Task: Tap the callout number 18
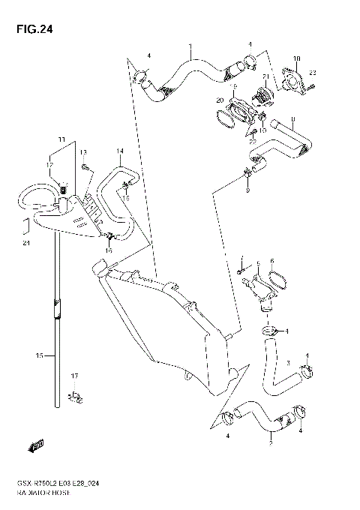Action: pyautogui.click(x=297, y=58)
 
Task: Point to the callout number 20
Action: pyautogui.click(x=219, y=100)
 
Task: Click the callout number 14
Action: pyautogui.click(x=118, y=151)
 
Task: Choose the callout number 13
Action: pyautogui.click(x=83, y=152)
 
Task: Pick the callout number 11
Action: pyautogui.click(x=62, y=139)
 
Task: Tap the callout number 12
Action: pyautogui.click(x=50, y=164)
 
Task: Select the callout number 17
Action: pyautogui.click(x=74, y=375)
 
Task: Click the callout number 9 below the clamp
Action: pyautogui.click(x=247, y=190)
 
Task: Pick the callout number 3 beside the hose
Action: pyautogui.click(x=287, y=362)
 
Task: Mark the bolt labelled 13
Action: pyautogui.click(x=86, y=166)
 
